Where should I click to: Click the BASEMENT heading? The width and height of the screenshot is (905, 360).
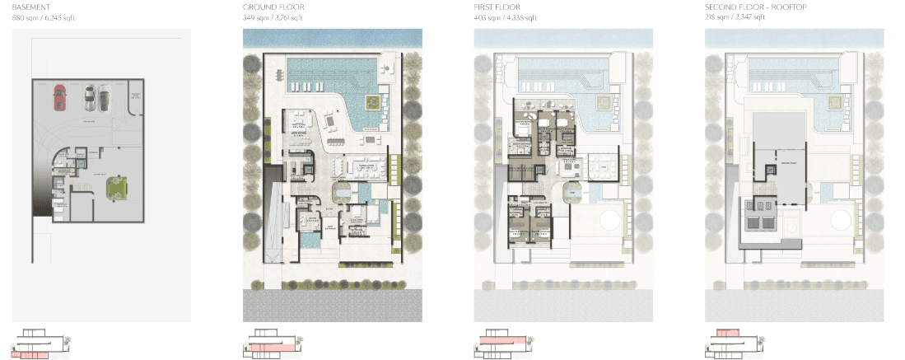(31, 7)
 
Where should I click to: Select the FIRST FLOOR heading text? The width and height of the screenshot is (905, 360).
(499, 7)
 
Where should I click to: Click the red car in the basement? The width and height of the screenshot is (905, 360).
(58, 97)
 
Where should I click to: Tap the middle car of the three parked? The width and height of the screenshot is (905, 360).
(88, 98)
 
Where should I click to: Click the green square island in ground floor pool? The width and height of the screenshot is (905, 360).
(373, 101)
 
